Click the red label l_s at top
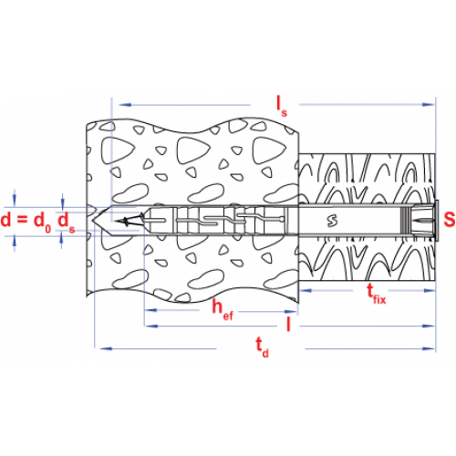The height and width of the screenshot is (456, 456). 281,106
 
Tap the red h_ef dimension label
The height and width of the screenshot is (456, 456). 223,309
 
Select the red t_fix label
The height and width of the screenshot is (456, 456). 376,294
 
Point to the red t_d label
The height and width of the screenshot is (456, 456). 262,347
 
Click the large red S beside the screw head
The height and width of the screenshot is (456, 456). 450,219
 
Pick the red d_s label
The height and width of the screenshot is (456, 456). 66,221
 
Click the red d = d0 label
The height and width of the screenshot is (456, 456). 26,221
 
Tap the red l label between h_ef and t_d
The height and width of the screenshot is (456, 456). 288,324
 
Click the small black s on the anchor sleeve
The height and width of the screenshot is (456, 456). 332,220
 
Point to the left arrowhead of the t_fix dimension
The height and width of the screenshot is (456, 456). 306,290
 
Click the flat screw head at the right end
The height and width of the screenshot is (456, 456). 437,220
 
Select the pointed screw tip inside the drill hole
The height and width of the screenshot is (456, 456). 130,220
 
